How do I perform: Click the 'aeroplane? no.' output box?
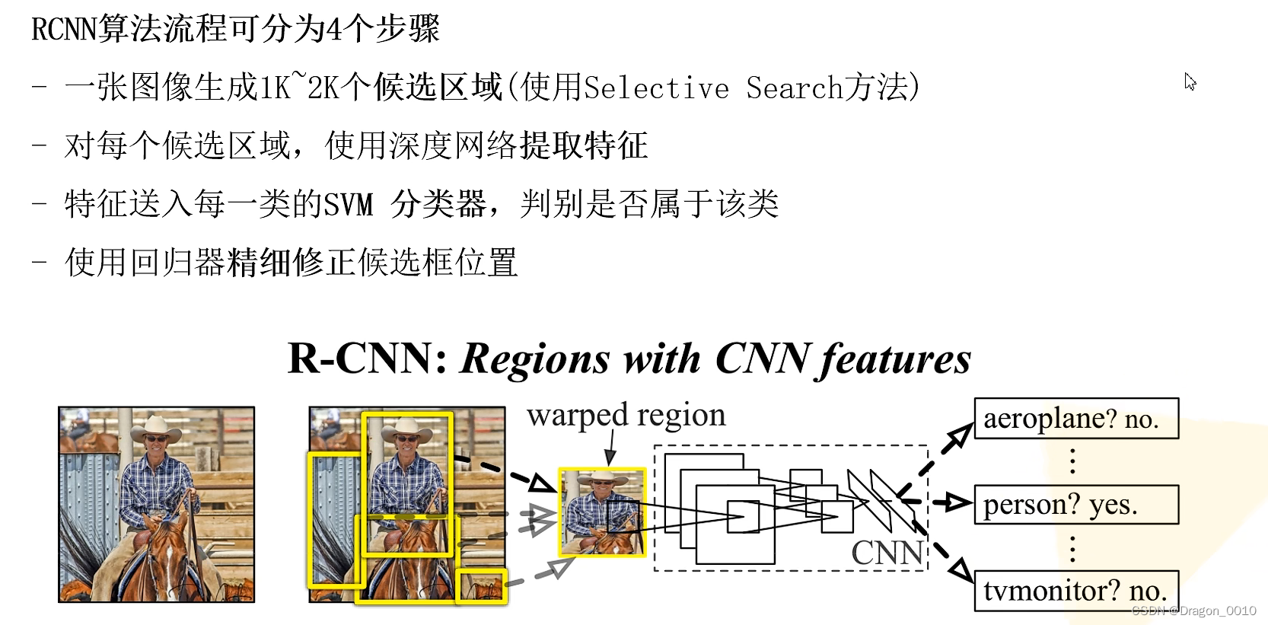click(1075, 419)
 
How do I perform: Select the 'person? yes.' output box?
click(1075, 505)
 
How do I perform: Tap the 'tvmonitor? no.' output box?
click(1075, 591)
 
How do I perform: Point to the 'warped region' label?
click(626, 416)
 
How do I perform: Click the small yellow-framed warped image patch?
click(602, 512)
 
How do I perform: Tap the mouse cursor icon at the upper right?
click(1190, 81)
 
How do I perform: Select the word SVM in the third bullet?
click(349, 205)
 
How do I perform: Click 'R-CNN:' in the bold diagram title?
click(367, 359)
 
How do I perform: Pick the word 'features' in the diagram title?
click(895, 359)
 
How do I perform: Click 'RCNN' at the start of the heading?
click(65, 30)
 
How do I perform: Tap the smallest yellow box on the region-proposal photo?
click(481, 587)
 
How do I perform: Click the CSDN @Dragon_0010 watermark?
click(1193, 611)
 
